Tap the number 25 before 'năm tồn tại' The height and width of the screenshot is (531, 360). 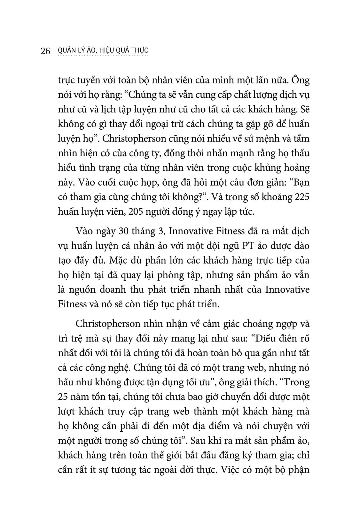tap(64, 397)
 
